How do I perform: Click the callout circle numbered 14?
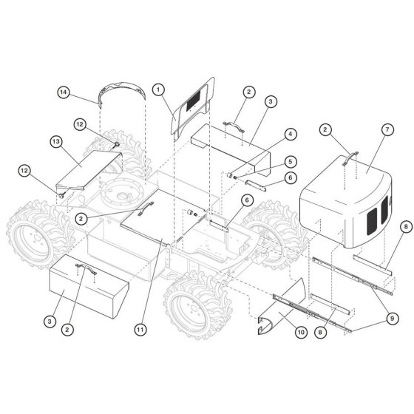click(64, 92)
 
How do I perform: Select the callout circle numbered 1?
click(158, 89)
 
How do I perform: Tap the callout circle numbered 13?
click(56, 142)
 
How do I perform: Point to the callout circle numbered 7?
click(387, 129)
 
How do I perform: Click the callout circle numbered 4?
click(291, 134)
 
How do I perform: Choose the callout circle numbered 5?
click(291, 162)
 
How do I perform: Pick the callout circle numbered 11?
click(140, 330)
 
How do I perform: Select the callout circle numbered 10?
click(301, 332)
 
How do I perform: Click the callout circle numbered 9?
click(392, 319)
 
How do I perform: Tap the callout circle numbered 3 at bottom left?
click(50, 322)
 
